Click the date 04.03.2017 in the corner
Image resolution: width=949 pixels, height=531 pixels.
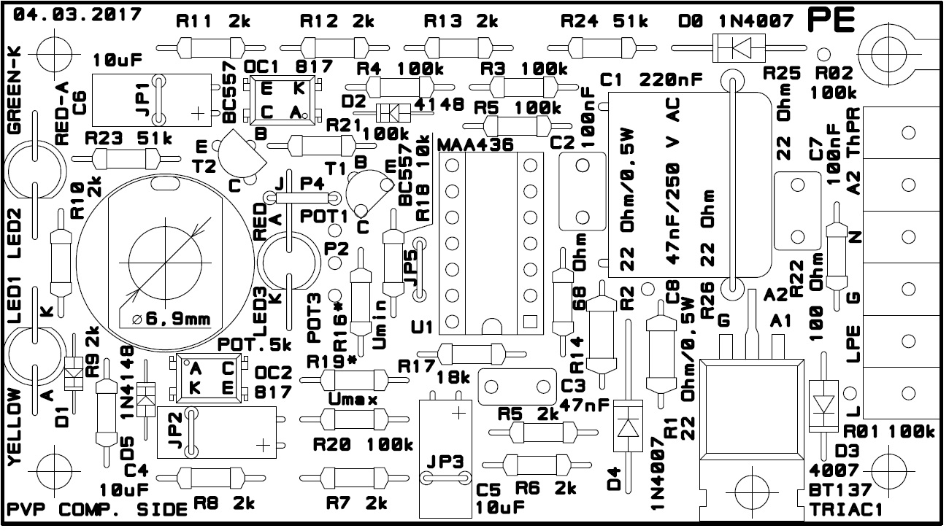pos(77,15)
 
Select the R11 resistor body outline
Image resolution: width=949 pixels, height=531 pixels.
pos(210,48)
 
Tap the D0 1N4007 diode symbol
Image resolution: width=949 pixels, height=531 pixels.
pos(739,48)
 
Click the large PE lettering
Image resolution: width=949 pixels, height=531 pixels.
pos(831,20)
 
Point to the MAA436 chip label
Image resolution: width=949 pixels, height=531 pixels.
pos(475,145)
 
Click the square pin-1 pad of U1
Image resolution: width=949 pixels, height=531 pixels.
pos(531,322)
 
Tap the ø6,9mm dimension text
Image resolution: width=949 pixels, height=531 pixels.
pos(172,319)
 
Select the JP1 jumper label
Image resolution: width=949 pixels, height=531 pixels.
pos(143,100)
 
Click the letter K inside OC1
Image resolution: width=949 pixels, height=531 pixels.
pos(299,88)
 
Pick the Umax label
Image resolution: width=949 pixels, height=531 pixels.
pos(353,399)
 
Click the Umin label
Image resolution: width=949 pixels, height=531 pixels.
pos(380,325)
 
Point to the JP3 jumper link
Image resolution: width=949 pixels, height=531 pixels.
pos(445,478)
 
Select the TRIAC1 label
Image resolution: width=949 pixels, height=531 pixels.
pos(845,509)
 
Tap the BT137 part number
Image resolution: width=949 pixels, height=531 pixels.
pos(839,490)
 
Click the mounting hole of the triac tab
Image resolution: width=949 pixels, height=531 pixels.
pos(752,492)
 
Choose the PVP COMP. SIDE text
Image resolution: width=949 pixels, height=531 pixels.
pos(97,509)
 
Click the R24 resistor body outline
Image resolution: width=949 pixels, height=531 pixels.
pos(602,48)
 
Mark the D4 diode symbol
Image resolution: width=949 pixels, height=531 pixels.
pos(628,426)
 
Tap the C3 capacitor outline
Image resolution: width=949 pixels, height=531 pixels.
pos(517,387)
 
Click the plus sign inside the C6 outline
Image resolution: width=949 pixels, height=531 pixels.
pos(197,114)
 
